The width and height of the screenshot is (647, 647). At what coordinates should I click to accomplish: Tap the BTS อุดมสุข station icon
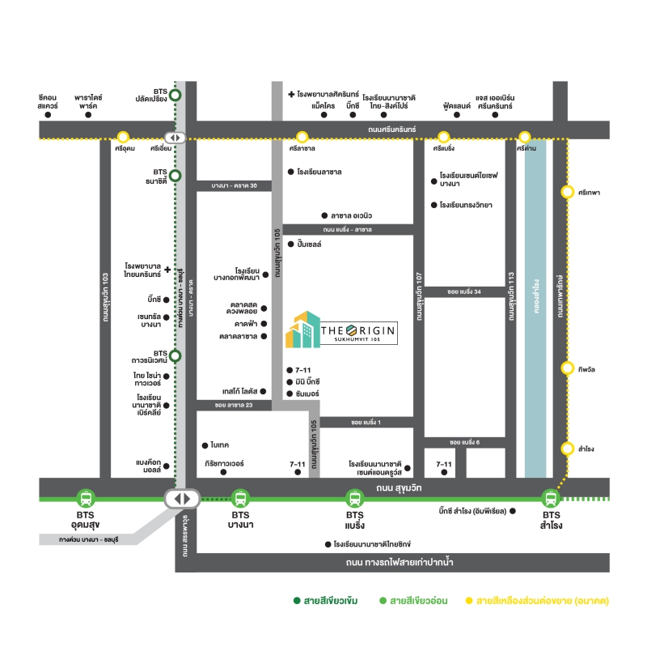[86, 497]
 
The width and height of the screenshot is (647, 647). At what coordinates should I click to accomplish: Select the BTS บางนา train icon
[239, 497]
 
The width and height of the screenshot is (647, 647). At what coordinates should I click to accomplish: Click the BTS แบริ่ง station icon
[354, 497]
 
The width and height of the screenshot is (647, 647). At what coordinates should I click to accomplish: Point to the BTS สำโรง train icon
[551, 497]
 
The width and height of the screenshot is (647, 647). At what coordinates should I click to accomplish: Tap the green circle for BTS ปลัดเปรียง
[175, 96]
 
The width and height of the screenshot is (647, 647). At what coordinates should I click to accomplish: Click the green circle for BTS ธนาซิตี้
[175, 175]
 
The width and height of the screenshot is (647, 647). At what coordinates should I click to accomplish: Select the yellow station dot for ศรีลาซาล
[302, 137]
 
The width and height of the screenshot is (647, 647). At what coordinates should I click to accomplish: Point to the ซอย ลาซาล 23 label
[235, 404]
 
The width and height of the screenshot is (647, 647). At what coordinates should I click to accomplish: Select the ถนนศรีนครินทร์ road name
[391, 130]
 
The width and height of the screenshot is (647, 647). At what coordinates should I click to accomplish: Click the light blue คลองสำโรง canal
[535, 308]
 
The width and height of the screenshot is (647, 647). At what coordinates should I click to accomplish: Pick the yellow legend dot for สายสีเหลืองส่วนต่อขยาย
[468, 601]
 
